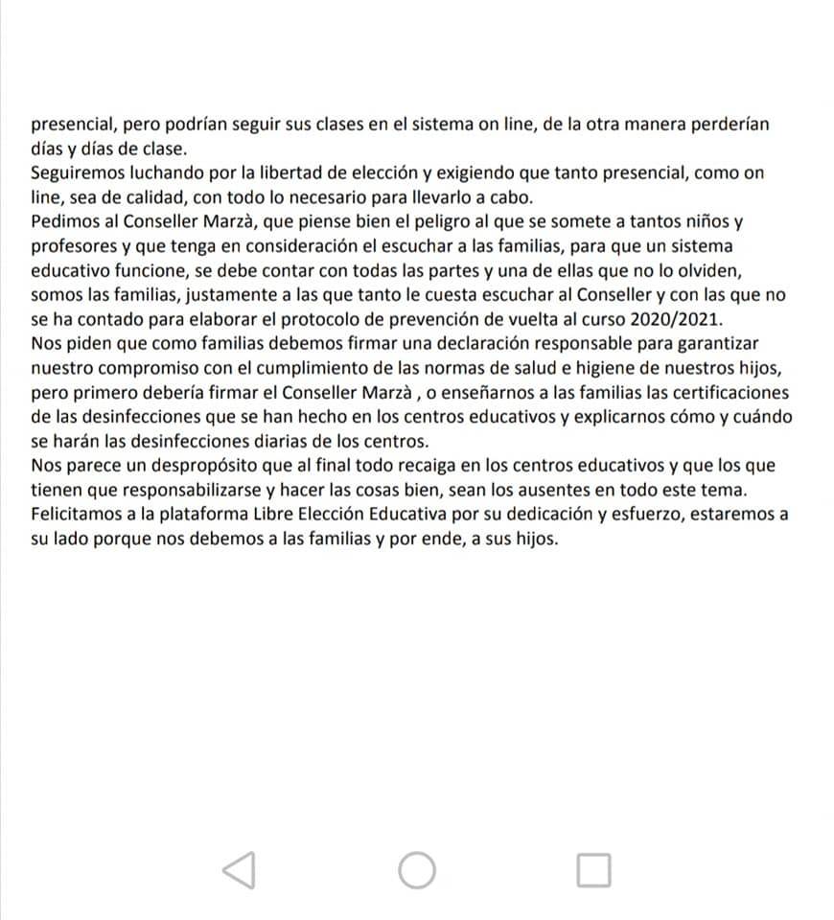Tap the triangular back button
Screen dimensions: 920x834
(239, 869)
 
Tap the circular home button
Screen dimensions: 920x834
(417, 869)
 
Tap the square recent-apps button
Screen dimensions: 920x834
(594, 869)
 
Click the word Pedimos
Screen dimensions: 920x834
(62, 222)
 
